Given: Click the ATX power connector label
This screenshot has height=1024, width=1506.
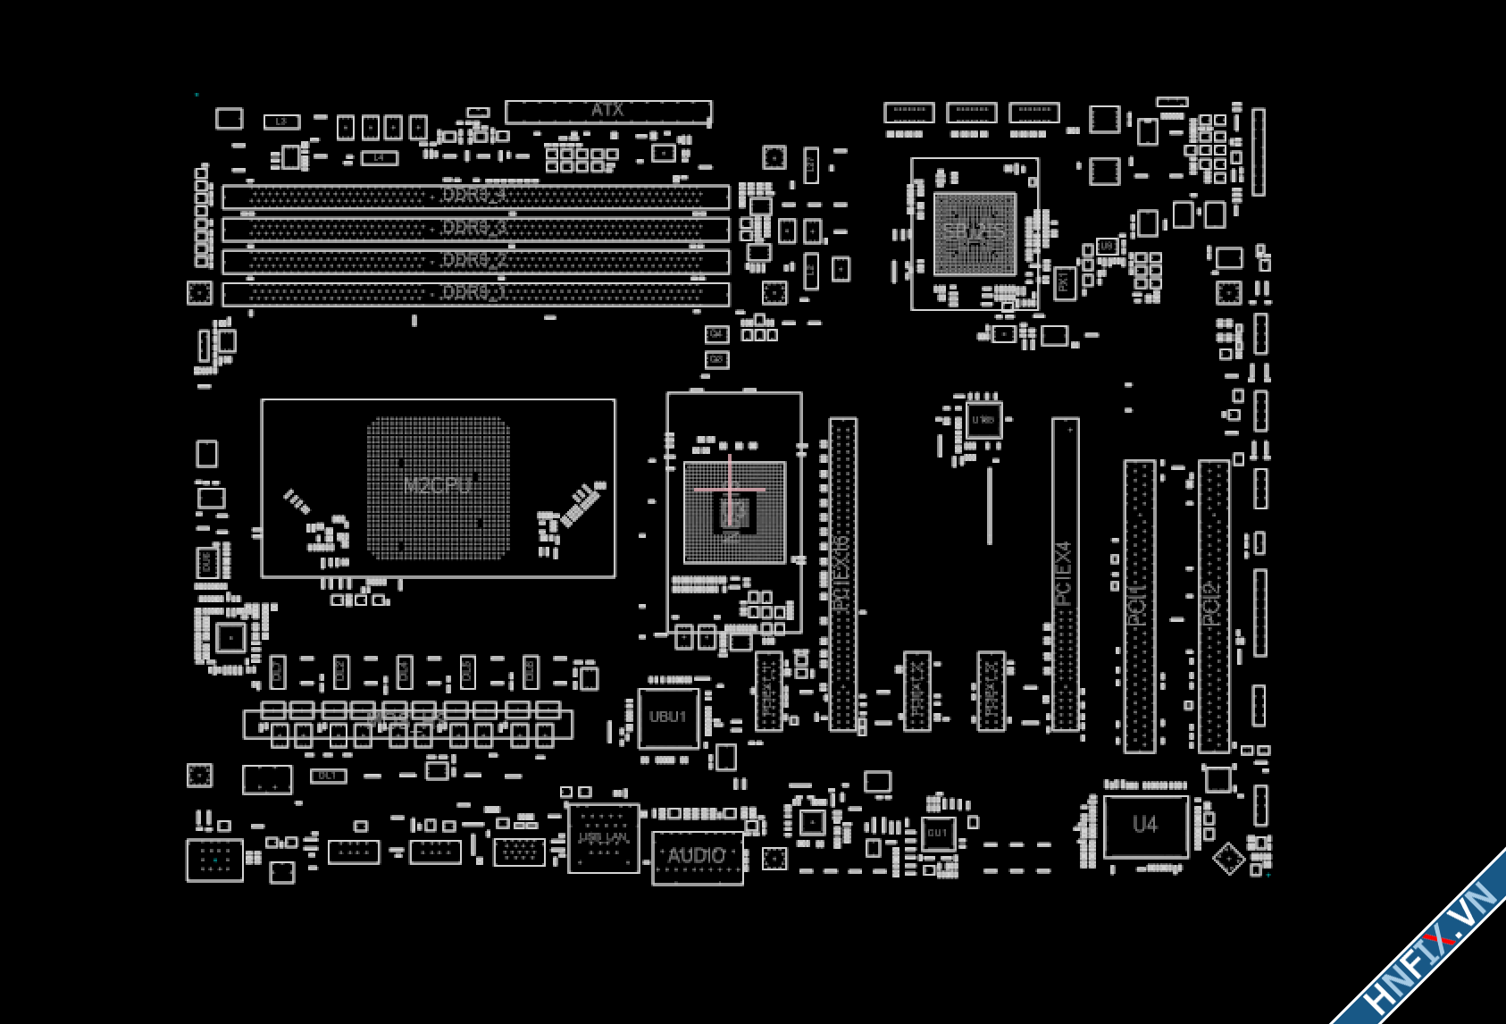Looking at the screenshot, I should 607,110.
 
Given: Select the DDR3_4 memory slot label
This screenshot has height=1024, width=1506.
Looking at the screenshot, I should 474,195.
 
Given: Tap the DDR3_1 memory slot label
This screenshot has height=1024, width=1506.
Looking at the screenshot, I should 474,292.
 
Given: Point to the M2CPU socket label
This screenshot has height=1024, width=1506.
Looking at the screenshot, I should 437,486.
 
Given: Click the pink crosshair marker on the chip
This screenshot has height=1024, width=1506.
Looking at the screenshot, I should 730,490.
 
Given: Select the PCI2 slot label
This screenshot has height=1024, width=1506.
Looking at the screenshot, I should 1211,603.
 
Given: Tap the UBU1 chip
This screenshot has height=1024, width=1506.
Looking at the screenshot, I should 668,718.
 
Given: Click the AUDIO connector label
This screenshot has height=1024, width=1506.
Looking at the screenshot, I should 697,856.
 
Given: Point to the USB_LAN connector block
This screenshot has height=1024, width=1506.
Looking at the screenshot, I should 604,838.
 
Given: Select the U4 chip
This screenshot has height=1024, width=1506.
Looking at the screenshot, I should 1145,825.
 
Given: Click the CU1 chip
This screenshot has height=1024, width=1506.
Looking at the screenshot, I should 937,833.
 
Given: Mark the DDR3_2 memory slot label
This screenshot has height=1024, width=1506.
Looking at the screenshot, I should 474,260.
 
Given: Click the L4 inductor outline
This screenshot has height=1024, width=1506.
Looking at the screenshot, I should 379,157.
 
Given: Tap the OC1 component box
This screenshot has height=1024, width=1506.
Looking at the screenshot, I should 328,776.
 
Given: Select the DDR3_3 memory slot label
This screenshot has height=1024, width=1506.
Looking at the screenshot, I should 474,228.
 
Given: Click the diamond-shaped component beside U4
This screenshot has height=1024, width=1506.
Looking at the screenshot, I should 1229,859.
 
